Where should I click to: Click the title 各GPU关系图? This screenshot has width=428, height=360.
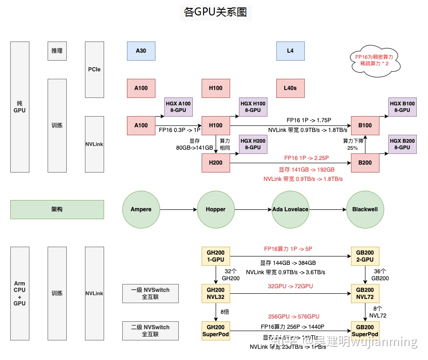click(x=215, y=13)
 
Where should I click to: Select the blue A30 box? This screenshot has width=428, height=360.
click(x=141, y=51)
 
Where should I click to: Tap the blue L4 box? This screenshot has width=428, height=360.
click(x=290, y=51)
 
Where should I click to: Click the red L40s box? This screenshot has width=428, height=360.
click(x=290, y=88)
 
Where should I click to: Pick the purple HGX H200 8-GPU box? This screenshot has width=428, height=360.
click(x=253, y=144)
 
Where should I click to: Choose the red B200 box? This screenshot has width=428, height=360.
click(x=365, y=163)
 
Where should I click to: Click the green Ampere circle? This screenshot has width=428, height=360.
click(x=141, y=209)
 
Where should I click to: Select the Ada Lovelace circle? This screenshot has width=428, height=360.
click(x=290, y=209)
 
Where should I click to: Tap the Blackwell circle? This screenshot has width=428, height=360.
click(x=365, y=209)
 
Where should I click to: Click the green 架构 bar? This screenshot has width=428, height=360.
click(x=57, y=209)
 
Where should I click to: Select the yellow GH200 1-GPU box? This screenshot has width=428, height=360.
click(x=216, y=256)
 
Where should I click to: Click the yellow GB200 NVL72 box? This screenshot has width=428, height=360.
click(x=365, y=293)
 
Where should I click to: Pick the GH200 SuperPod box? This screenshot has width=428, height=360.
click(x=216, y=331)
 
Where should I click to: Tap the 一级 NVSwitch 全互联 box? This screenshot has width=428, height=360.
click(x=150, y=293)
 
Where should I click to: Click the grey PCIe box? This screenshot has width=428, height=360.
click(x=94, y=69)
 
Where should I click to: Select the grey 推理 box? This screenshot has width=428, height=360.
click(x=57, y=51)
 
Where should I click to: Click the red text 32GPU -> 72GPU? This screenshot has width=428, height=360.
click(x=290, y=286)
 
